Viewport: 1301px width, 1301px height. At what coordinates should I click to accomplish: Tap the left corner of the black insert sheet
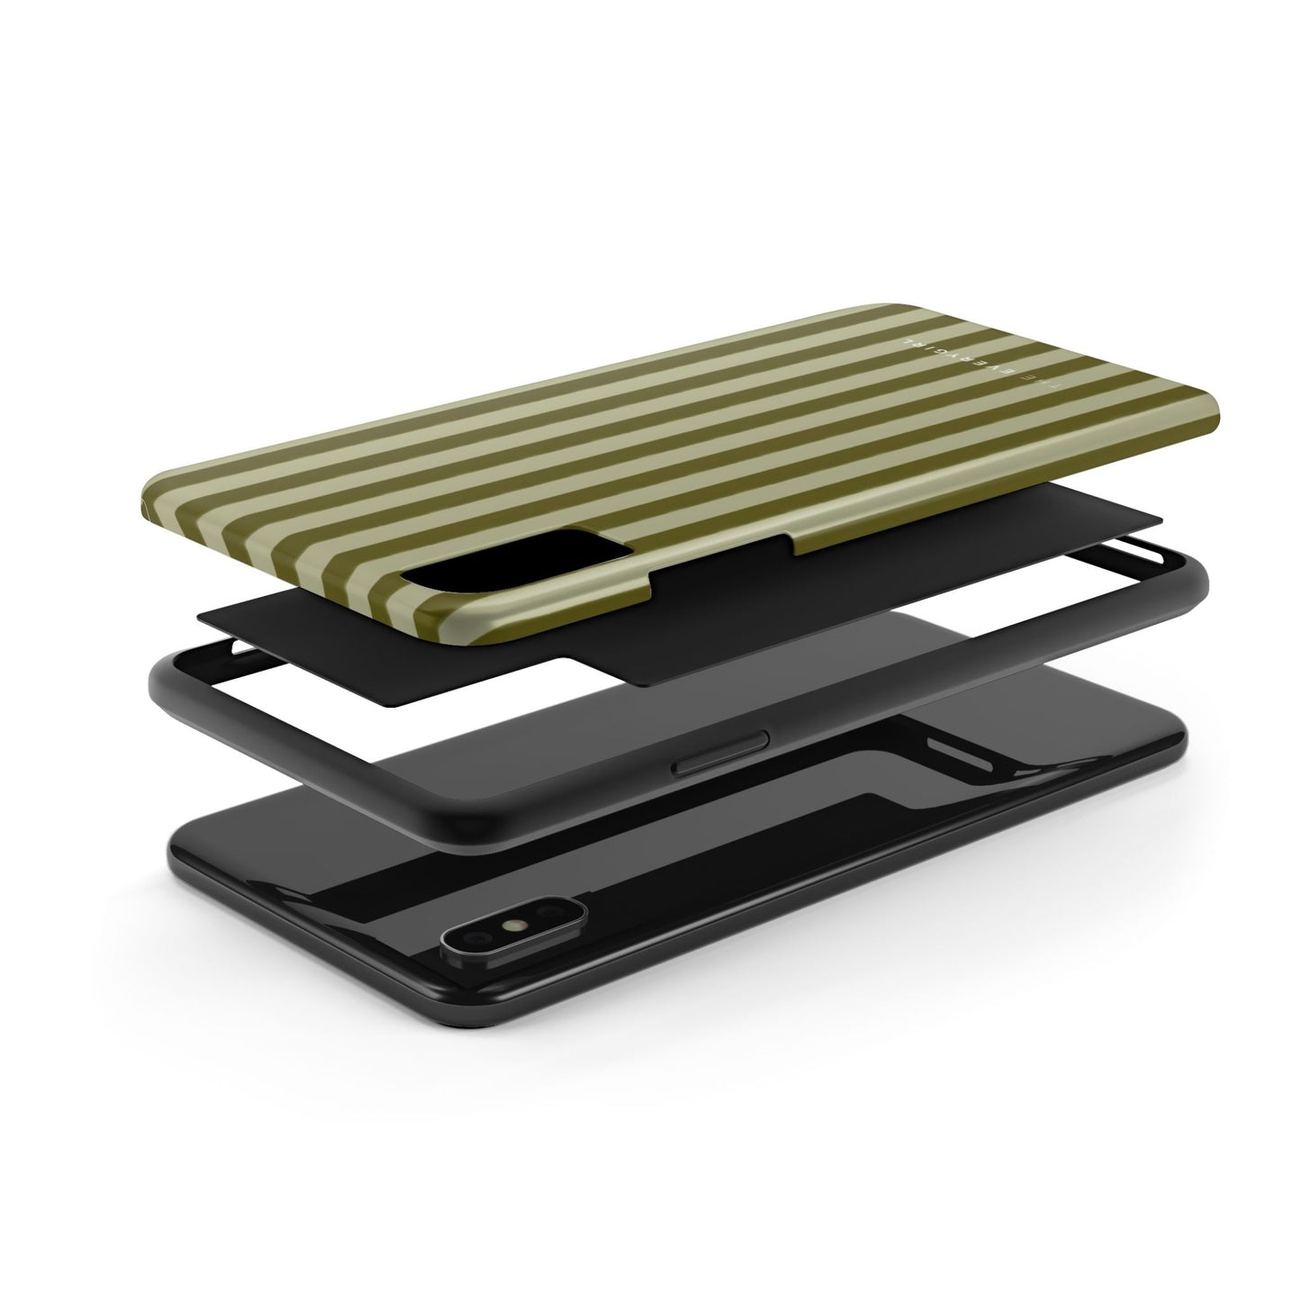200,611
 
